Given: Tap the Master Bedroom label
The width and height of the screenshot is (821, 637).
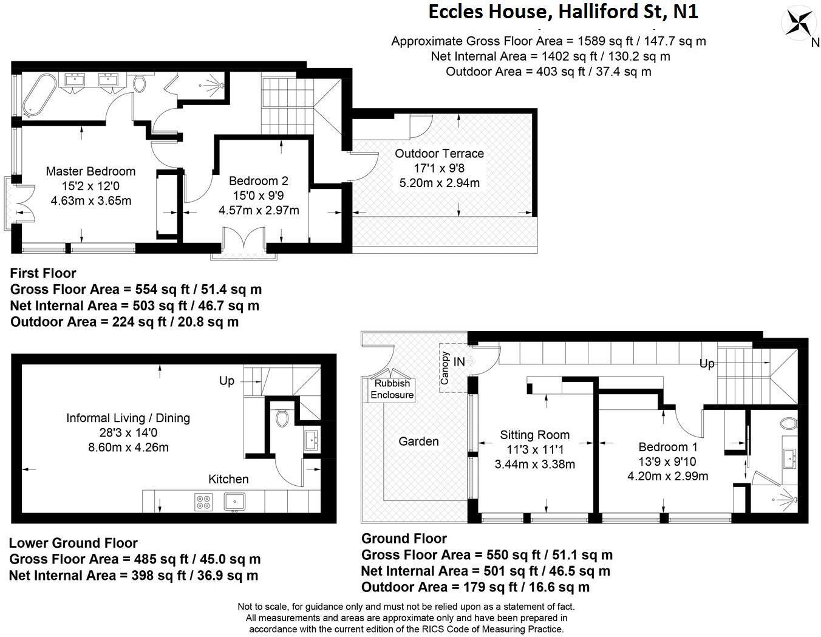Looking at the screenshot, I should (x=90, y=171).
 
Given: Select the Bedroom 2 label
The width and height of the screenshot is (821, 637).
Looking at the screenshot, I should (x=258, y=181).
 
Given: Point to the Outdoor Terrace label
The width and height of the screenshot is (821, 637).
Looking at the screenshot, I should (x=439, y=153).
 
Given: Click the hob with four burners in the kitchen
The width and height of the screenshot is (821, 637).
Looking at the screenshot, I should (x=203, y=502).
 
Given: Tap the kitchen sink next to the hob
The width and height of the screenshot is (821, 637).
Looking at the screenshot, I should (x=234, y=501).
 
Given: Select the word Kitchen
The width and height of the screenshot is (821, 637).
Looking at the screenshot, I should (x=228, y=479).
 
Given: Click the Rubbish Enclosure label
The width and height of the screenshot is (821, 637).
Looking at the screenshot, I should (x=392, y=389).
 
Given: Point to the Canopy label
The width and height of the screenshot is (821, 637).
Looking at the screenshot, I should (x=445, y=368).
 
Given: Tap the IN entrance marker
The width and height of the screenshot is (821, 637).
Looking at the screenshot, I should (x=459, y=362).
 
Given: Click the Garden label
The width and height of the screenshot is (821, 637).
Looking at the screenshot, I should (x=418, y=441).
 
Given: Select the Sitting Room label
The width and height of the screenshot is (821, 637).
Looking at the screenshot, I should (x=534, y=435).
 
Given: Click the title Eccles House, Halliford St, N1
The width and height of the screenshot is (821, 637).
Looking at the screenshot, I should (x=563, y=12).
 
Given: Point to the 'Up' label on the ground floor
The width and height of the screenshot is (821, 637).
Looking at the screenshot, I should (x=707, y=364).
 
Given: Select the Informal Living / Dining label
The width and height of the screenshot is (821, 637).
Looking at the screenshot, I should (x=128, y=418).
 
